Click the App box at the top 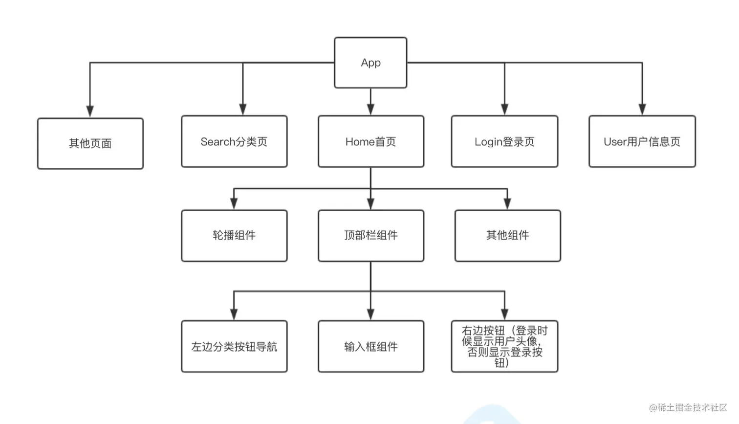370,63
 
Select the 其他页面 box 90,143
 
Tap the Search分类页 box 234,141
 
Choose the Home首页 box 370,141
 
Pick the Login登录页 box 504,141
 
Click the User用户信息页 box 642,141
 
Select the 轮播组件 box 234,235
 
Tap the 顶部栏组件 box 370,235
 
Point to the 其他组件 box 507,235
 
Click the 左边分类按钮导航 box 234,346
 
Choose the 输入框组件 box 370,346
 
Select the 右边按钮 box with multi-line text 504,346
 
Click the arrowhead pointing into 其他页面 90,111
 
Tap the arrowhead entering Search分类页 243,109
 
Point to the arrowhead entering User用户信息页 642,109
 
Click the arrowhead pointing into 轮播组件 234,203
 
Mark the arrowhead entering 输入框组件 370,314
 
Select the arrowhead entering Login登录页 504,109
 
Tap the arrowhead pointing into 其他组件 507,203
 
